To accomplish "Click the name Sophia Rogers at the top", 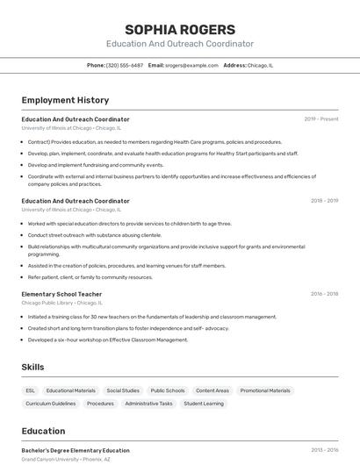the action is pyautogui.click(x=179, y=30).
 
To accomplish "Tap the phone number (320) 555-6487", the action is pyautogui.click(x=124, y=65).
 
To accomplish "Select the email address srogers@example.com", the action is pyautogui.click(x=191, y=65).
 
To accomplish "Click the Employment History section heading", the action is pyautogui.click(x=65, y=100).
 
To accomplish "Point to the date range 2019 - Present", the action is pyautogui.click(x=321, y=119).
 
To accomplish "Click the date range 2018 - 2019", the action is pyautogui.click(x=324, y=201).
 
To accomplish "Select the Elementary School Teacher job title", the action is pyautogui.click(x=61, y=294).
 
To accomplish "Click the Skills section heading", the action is pyautogui.click(x=33, y=367).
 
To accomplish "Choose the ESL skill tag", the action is pyautogui.click(x=31, y=390).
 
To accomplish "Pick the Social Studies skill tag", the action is pyautogui.click(x=123, y=390).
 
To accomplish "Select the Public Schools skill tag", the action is pyautogui.click(x=168, y=390).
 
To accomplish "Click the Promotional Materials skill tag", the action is pyautogui.click(x=265, y=390).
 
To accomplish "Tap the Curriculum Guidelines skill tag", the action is pyautogui.click(x=51, y=404).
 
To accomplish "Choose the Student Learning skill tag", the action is pyautogui.click(x=203, y=404).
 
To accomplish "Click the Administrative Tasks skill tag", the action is pyautogui.click(x=148, y=404).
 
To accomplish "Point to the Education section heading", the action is pyautogui.click(x=43, y=431).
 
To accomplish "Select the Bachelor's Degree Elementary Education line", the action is pyautogui.click(x=76, y=450).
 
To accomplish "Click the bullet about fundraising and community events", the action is pyautogui.click(x=96, y=165).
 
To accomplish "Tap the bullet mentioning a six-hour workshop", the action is pyautogui.click(x=108, y=340).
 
